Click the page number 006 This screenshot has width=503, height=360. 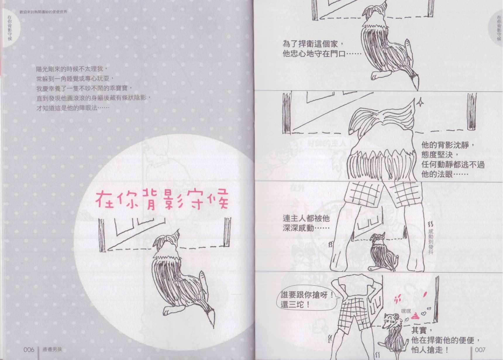pos(29,349)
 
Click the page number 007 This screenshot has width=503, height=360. pos(480,349)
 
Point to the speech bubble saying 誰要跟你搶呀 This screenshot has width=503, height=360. pos(306,299)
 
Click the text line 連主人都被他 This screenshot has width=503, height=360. pos(306,218)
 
